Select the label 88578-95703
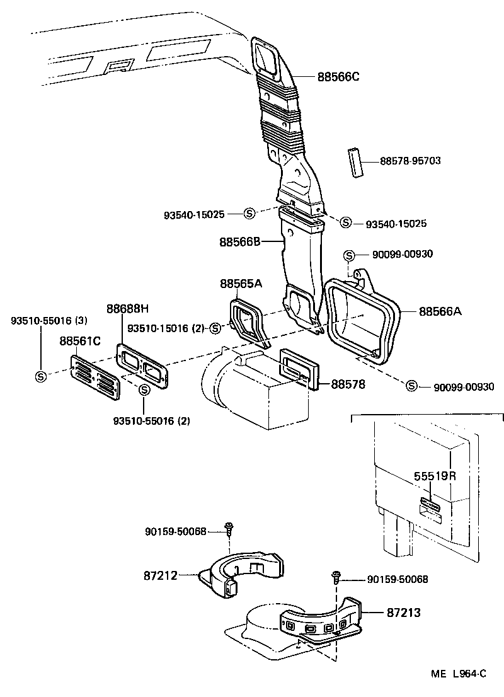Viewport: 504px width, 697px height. [410, 161]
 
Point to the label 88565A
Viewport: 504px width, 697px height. [241, 284]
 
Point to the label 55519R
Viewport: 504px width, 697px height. [435, 476]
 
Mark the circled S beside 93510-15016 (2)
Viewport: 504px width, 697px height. [216, 328]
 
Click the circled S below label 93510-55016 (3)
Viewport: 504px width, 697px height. [40, 376]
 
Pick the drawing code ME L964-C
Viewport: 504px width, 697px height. [459, 674]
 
